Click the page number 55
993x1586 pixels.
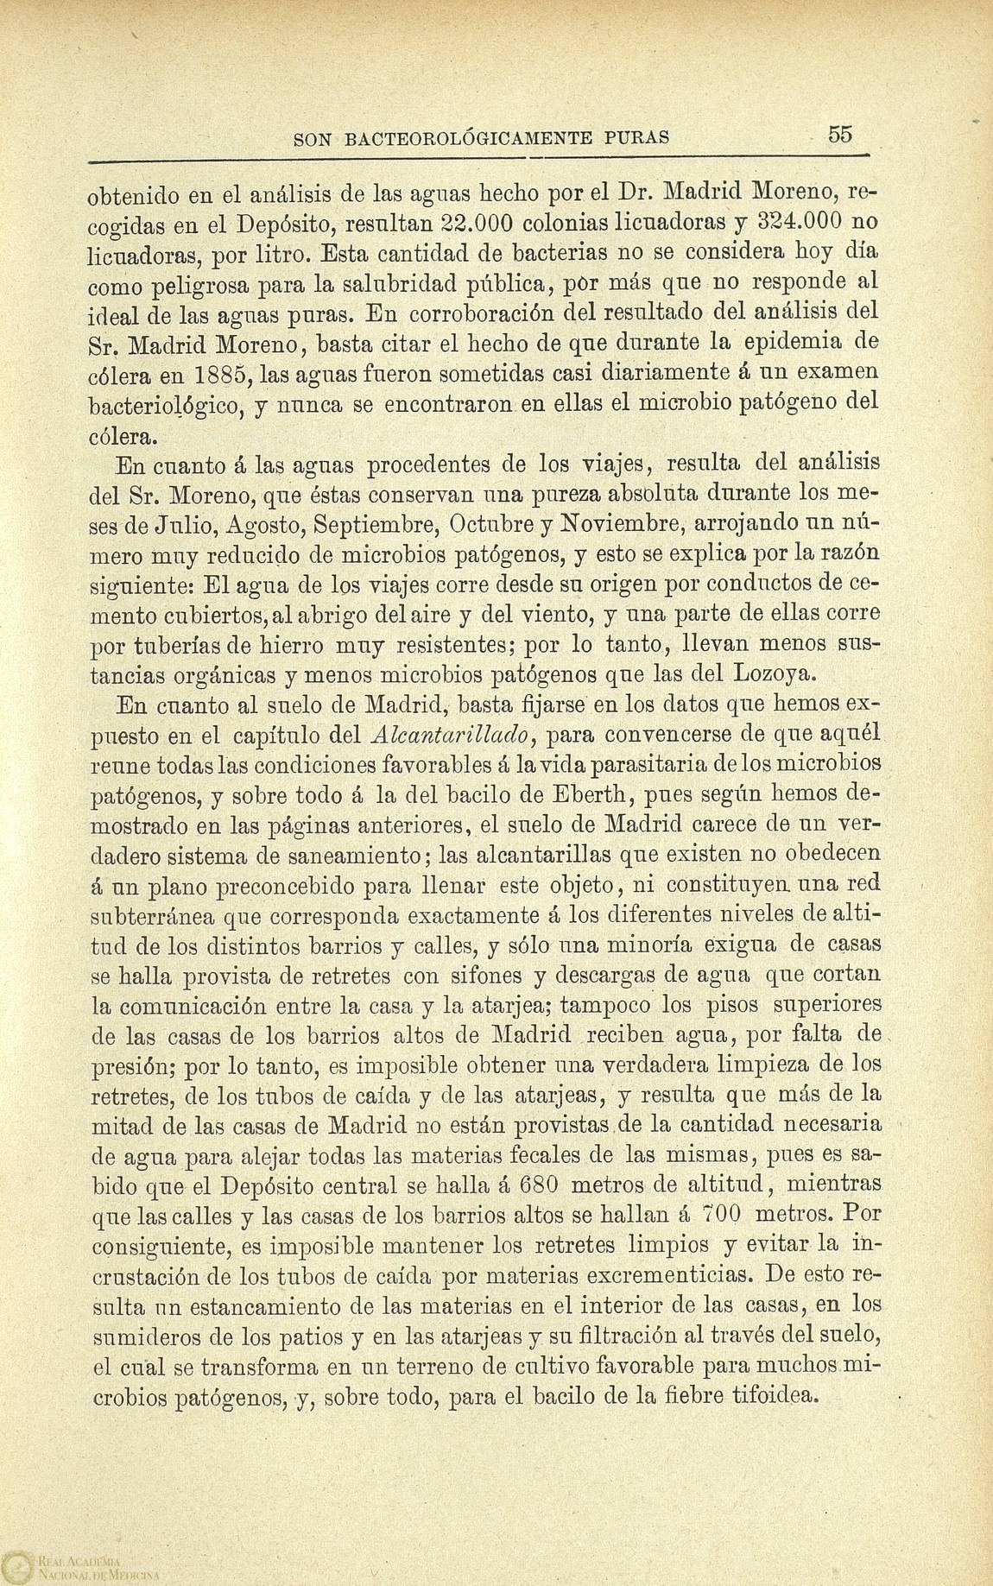839,134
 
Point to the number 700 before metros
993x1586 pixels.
718,1214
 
